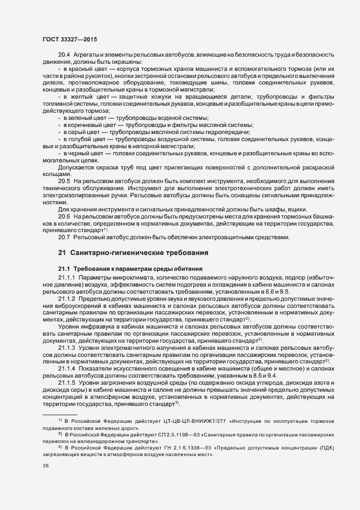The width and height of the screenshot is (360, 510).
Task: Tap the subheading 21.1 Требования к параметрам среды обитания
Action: point(131,269)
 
